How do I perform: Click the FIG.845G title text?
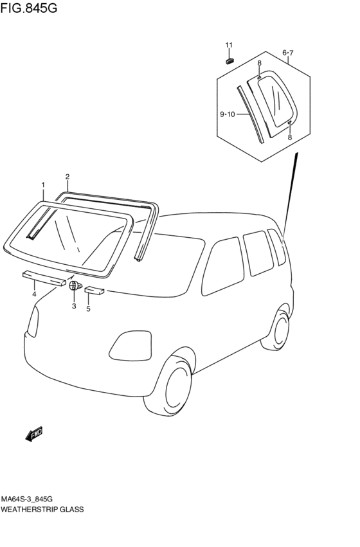[28, 8]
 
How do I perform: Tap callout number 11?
[229, 45]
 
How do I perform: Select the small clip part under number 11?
[230, 61]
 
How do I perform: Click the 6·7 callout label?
[288, 53]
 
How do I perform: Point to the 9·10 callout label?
[228, 114]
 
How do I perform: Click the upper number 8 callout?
[259, 63]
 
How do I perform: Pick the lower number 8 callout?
[289, 138]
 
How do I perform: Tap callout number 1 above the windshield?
[43, 184]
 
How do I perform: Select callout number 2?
[67, 177]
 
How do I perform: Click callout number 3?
[74, 307]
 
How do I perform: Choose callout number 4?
[34, 294]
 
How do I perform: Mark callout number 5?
[88, 309]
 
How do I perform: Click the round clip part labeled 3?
[75, 285]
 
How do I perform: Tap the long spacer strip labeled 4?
[44, 278]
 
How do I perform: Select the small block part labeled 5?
[94, 291]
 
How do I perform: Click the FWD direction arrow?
[34, 434]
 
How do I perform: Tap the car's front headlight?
[130, 346]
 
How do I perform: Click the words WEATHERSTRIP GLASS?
[42, 509]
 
